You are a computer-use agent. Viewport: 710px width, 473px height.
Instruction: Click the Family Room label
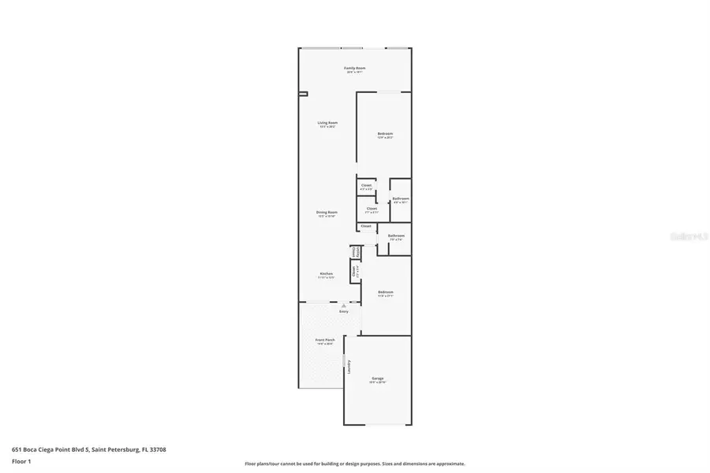tap(354, 69)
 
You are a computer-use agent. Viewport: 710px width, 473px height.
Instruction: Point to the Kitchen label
tap(327, 274)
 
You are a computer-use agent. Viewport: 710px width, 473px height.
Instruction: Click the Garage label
tap(378, 378)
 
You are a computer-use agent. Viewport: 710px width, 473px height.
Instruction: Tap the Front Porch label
tap(325, 340)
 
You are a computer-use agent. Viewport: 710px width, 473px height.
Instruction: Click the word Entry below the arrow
tap(343, 312)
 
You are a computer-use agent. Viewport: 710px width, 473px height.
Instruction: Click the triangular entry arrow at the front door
tap(343, 305)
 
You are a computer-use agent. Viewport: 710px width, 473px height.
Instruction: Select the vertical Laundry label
tap(348, 367)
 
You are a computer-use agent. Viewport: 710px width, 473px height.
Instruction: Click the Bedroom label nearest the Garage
tap(385, 292)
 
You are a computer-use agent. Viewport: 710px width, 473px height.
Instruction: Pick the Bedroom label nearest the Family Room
tap(385, 134)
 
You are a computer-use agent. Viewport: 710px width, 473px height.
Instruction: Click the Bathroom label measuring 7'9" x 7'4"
tap(395, 236)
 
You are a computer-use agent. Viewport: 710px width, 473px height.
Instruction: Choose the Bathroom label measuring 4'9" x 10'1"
tap(401, 199)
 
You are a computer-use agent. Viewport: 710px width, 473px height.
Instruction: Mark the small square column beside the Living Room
tap(303, 95)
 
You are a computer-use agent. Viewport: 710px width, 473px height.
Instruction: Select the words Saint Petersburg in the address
tap(116, 449)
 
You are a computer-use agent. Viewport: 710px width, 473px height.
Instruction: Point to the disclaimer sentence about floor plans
tap(354, 464)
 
